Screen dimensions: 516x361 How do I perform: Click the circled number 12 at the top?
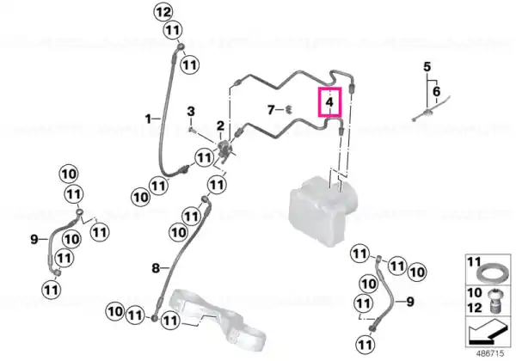tap(164, 12)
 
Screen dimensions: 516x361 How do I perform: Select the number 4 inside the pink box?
tap(329, 102)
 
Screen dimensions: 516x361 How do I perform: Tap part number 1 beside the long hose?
tap(149, 119)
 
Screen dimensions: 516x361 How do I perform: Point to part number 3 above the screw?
tap(191, 112)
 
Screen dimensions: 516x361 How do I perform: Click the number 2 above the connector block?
tap(220, 125)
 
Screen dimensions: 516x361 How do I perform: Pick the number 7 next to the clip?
tap(271, 110)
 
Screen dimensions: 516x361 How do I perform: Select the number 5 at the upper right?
tap(427, 67)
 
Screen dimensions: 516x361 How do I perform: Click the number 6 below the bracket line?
tap(436, 91)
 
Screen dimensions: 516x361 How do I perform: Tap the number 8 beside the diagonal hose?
tap(156, 268)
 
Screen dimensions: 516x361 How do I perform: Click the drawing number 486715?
tap(490, 353)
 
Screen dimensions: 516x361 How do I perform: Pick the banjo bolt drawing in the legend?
tap(494, 301)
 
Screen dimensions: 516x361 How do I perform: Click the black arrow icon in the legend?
tap(488, 332)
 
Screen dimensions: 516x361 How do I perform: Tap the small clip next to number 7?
tap(289, 109)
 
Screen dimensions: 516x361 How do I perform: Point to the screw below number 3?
tap(192, 131)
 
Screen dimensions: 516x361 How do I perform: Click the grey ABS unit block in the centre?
tap(322, 211)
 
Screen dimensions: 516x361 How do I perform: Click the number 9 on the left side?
tap(34, 239)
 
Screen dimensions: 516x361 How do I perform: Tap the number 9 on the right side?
tap(410, 301)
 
